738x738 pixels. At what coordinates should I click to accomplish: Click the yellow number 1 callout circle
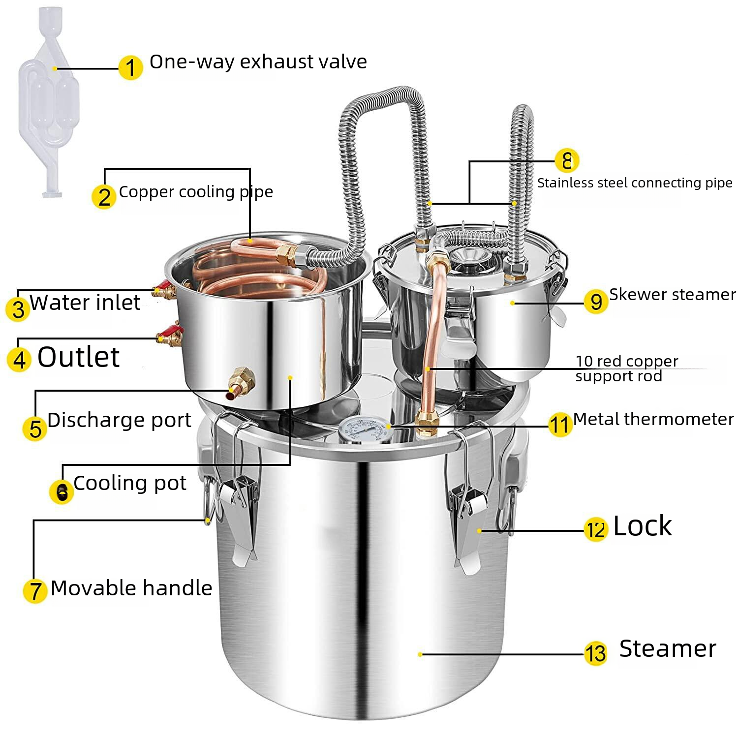click(x=130, y=67)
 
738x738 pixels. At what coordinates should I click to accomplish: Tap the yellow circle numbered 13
click(x=595, y=653)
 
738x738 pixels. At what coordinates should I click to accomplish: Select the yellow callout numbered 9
click(x=596, y=301)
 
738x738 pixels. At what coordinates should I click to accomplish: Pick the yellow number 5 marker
click(x=35, y=429)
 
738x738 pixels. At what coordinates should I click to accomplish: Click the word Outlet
click(x=78, y=357)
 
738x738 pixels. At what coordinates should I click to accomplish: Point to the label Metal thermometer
click(x=653, y=419)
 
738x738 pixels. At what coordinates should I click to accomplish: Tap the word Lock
click(x=642, y=526)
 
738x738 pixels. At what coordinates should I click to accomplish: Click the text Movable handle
click(x=131, y=588)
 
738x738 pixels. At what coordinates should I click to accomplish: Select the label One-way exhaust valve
click(x=258, y=62)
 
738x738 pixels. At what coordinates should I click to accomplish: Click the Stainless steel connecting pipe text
click(x=635, y=183)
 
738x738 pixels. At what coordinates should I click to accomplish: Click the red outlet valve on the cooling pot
click(x=170, y=334)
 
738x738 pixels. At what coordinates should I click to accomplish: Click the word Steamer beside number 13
click(x=667, y=648)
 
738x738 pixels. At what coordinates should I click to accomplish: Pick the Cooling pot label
click(x=130, y=484)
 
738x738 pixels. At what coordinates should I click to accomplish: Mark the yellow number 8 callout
click(x=567, y=160)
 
